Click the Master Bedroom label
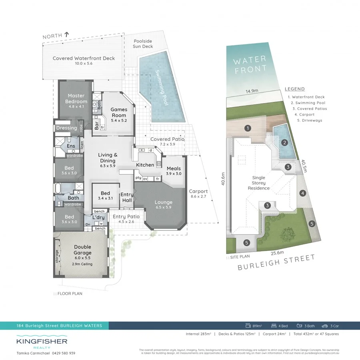click(76, 98)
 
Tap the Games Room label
click(119, 112)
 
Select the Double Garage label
click(82, 250)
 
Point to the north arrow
click(66, 36)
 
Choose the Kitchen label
click(145, 165)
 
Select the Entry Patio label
click(126, 216)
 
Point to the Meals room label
click(174, 168)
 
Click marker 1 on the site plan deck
click(248, 128)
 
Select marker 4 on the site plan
click(302, 194)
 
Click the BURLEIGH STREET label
click(276, 263)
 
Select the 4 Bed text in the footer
click(278, 325)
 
